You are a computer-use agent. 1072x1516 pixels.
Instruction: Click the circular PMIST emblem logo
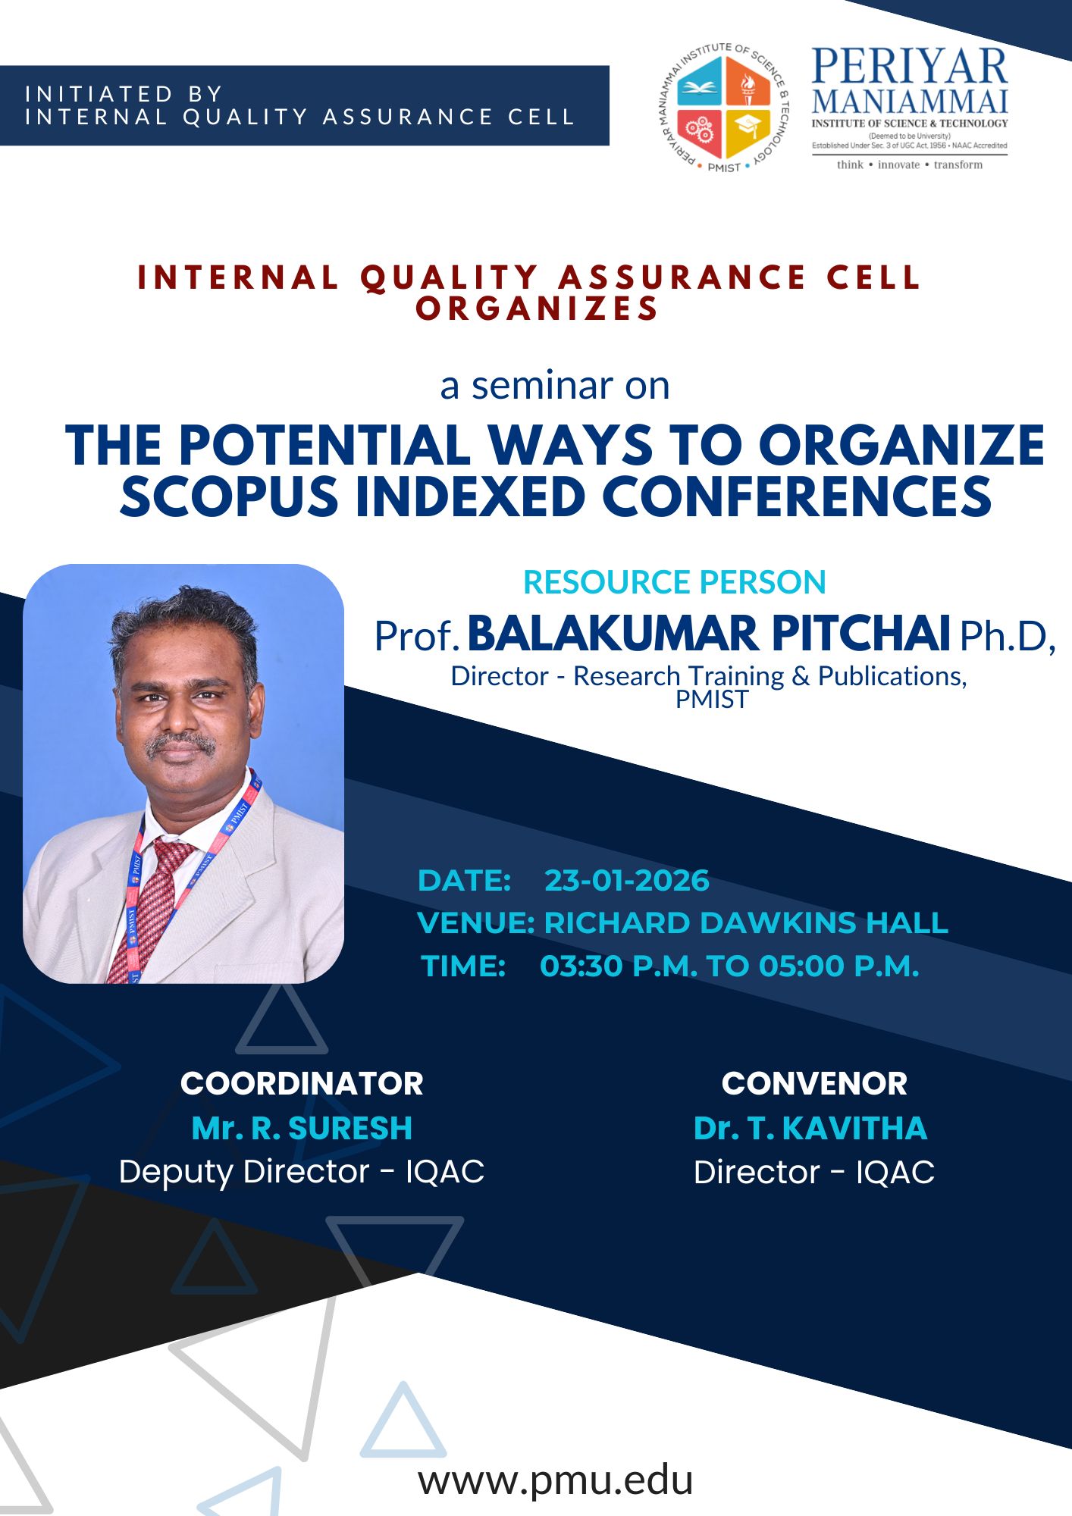pyautogui.click(x=723, y=108)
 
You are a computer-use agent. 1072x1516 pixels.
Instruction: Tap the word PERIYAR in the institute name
pyautogui.click(x=910, y=67)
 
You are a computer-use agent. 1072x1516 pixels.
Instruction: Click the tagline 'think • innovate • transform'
pyautogui.click(x=910, y=164)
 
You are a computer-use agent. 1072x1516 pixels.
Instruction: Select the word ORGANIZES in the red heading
pyautogui.click(x=537, y=309)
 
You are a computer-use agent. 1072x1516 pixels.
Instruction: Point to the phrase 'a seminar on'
pyautogui.click(x=555, y=386)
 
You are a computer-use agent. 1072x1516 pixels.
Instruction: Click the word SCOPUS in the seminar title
pyautogui.click(x=229, y=498)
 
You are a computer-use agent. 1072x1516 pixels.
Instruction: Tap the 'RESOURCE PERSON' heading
pyautogui.click(x=674, y=582)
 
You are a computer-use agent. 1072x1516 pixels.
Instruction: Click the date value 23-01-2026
pyautogui.click(x=627, y=881)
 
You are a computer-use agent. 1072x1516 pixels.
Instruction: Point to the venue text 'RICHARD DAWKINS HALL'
pyautogui.click(x=746, y=923)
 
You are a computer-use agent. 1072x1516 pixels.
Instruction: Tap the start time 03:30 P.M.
pyautogui.click(x=619, y=966)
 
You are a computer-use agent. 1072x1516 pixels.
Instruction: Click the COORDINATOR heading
pyautogui.click(x=302, y=1084)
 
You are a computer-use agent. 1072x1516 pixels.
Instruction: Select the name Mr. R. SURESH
pyautogui.click(x=302, y=1129)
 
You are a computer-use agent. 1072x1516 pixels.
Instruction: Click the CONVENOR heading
pyautogui.click(x=814, y=1084)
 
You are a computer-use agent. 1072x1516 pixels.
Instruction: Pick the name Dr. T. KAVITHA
pyautogui.click(x=810, y=1129)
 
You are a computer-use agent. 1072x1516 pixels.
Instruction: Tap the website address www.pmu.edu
pyautogui.click(x=556, y=1480)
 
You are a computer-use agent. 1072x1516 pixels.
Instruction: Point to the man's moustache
pyautogui.click(x=180, y=744)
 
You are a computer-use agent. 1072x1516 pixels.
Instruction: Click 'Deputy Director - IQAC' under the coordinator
pyautogui.click(x=302, y=1172)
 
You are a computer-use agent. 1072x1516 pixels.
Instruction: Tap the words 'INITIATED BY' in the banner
pyautogui.click(x=124, y=94)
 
